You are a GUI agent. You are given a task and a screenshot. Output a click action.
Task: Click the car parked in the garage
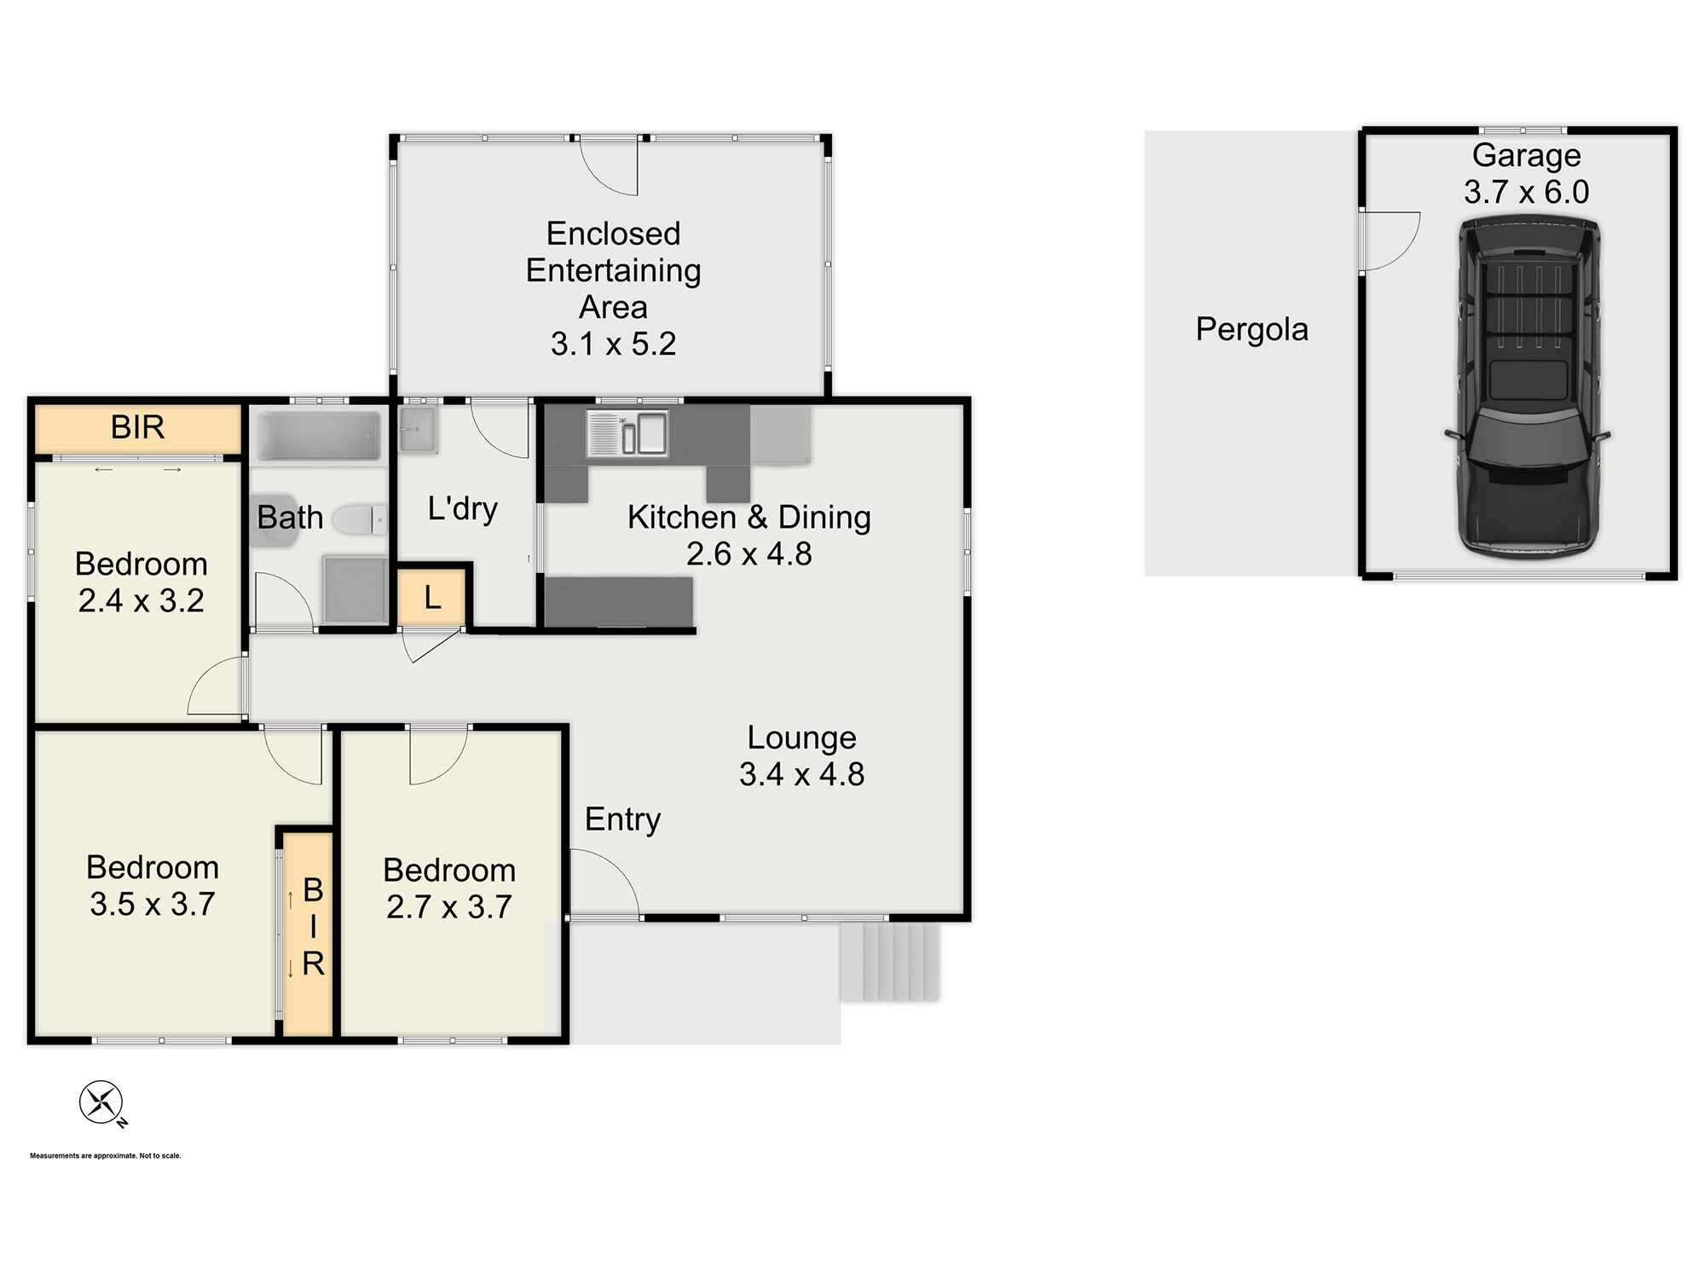coord(1527,388)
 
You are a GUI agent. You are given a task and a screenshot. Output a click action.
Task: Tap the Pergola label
coord(1251,329)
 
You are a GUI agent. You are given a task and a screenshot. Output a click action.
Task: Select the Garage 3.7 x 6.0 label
coord(1526,174)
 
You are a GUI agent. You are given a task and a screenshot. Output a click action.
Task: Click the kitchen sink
coord(627,433)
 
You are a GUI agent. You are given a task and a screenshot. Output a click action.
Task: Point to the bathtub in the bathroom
coord(319,437)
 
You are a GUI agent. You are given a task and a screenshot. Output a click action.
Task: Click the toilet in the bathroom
coord(358,518)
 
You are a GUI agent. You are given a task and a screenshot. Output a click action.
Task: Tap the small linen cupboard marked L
coord(432,598)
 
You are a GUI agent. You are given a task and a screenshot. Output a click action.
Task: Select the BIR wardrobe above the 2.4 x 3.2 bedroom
coord(137,428)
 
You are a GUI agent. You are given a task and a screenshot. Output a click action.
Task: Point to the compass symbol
coord(101,1102)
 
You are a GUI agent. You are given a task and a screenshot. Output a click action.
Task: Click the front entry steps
coord(888,962)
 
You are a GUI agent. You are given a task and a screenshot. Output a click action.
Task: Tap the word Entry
coord(622,819)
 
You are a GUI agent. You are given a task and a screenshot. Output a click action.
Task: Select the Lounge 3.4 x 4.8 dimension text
coord(801,774)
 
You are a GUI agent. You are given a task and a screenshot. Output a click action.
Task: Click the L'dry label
coord(462,509)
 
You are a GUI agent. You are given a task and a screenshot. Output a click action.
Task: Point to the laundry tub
coord(417,429)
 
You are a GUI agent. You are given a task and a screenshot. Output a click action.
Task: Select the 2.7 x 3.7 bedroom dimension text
coord(449,907)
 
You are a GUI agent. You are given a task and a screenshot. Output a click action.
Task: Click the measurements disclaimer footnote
coord(106,1156)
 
